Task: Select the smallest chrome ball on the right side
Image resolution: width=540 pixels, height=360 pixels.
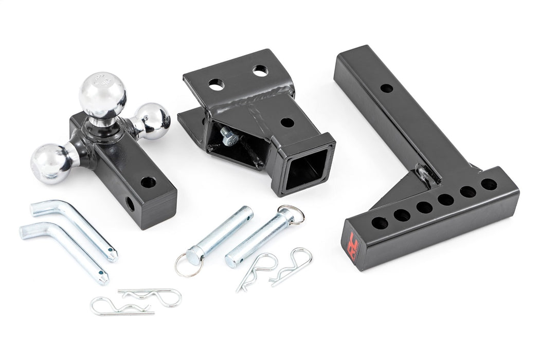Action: click(x=154, y=119)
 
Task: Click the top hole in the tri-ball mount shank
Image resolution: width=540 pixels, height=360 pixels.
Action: click(x=148, y=182)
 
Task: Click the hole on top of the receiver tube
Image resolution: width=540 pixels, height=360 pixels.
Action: click(x=287, y=123)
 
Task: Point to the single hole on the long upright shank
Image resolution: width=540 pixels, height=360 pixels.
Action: click(x=387, y=88)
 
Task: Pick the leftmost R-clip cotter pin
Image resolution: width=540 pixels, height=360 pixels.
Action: click(x=119, y=307)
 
